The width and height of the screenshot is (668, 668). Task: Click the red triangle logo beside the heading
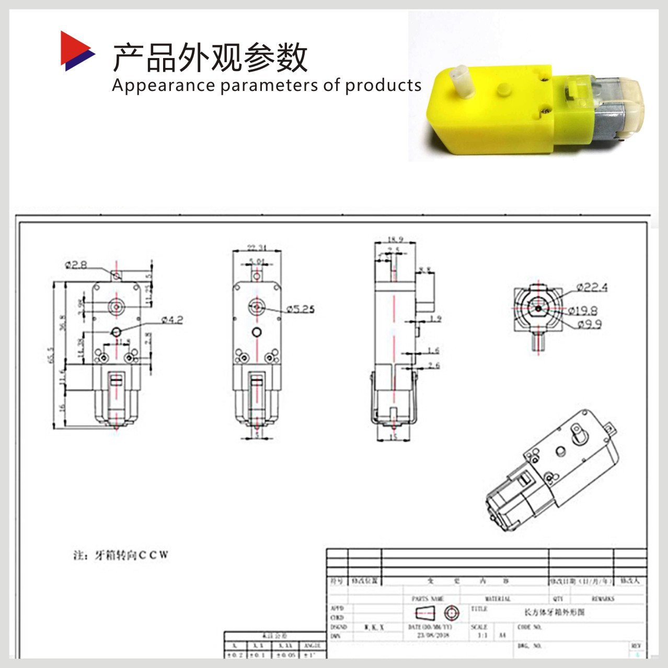75,51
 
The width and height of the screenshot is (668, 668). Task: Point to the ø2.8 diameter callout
76,265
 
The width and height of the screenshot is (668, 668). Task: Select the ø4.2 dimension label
172,320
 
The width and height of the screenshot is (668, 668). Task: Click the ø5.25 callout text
300,309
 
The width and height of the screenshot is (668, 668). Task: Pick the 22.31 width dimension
257,247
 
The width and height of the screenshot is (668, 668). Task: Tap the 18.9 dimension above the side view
395,240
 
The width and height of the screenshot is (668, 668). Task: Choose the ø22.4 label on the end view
592,287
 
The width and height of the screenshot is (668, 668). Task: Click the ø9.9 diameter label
590,325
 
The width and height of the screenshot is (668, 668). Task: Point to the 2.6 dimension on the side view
433,365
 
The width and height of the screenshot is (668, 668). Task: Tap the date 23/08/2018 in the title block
433,636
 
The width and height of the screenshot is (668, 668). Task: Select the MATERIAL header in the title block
498,599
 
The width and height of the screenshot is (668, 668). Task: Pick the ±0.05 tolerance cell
285,654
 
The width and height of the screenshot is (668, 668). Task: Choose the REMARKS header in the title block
603,599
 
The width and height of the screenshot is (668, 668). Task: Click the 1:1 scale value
482,636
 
